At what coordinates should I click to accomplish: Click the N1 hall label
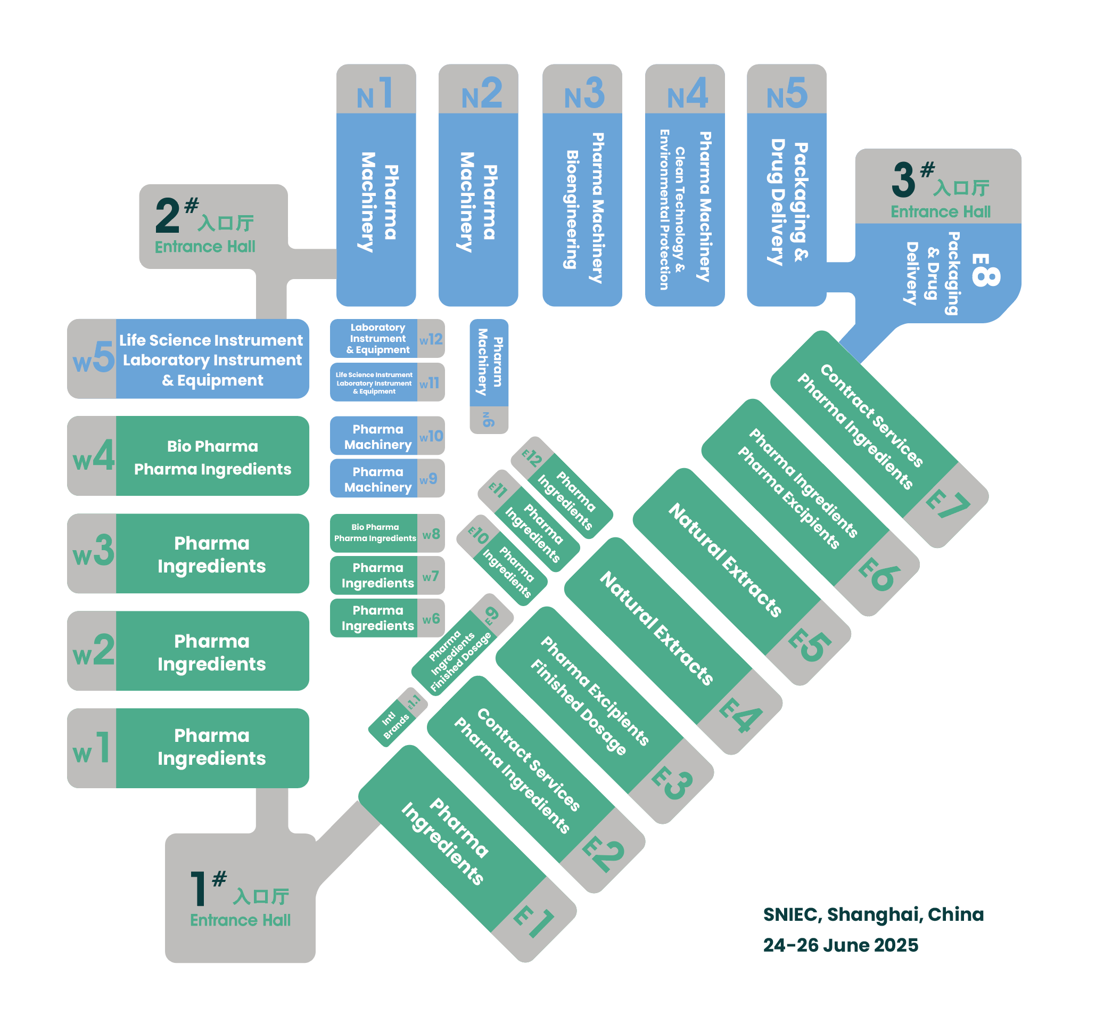375,93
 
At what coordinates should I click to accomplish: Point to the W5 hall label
93,358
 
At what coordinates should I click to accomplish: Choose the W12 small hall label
431,339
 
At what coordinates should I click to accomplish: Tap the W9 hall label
429,479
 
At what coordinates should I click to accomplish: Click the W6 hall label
431,619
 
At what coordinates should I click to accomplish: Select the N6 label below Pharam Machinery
488,420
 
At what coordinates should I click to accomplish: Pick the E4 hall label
741,715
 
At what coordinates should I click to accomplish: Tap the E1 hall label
534,923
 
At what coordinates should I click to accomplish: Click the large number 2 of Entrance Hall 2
167,216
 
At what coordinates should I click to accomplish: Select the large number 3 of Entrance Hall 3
903,180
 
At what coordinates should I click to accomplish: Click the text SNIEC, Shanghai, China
873,914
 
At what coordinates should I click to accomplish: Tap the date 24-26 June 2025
840,945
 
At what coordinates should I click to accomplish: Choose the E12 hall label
532,459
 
